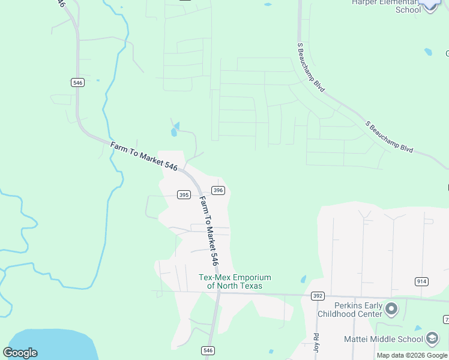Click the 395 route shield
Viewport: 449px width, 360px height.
(184, 194)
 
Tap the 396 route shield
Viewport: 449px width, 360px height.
(218, 190)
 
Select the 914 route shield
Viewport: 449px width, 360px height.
(421, 281)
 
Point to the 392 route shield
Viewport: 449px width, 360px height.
(318, 296)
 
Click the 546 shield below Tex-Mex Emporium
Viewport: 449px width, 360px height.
(208, 350)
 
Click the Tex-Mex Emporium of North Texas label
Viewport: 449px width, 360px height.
(235, 281)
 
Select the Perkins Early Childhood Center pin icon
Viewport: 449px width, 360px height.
(391, 310)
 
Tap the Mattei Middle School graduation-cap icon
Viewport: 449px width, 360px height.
(432, 339)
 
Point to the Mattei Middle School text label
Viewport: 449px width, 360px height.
(384, 339)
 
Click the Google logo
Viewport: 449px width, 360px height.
(20, 353)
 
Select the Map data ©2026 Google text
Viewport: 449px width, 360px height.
(412, 355)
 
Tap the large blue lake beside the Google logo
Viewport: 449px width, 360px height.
(54, 344)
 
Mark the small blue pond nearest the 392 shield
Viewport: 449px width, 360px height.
(303, 279)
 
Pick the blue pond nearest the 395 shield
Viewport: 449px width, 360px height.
(175, 129)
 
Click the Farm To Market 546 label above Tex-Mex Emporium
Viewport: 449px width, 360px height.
(208, 231)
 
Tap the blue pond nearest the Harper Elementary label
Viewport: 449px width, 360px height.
(428, 52)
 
